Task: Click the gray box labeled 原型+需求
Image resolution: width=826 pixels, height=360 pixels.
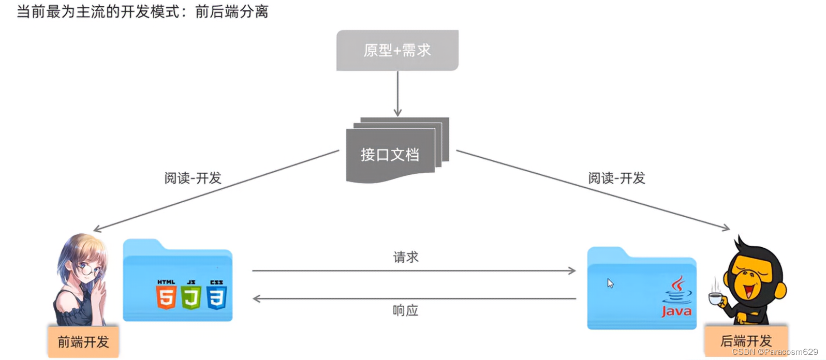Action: point(397,50)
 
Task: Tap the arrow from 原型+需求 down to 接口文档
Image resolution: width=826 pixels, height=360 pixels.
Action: point(397,94)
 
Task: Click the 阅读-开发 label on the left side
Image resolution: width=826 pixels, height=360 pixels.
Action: point(193,178)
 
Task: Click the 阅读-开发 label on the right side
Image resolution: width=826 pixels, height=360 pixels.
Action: point(616,178)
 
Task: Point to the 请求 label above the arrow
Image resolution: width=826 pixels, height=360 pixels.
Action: point(406,257)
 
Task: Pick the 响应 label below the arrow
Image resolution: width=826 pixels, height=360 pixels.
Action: point(406,310)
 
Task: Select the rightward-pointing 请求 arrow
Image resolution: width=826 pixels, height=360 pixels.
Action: point(414,271)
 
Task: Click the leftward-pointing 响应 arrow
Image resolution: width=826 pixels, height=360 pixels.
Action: point(414,298)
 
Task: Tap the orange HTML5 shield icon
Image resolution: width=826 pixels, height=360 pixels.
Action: point(166,295)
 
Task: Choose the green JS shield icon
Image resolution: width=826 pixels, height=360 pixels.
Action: point(191,295)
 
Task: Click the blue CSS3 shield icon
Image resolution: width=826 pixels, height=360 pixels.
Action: point(216,295)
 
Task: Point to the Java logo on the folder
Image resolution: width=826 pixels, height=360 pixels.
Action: point(677,297)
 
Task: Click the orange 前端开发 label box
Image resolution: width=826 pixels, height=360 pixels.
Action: point(83,342)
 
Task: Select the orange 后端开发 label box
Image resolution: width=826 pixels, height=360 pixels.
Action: point(746,341)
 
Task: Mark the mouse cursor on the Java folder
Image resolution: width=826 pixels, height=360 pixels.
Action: point(610,283)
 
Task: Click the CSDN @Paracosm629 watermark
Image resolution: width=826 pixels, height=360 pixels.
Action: point(775,352)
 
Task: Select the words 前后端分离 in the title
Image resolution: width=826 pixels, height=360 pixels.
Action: point(232,11)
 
